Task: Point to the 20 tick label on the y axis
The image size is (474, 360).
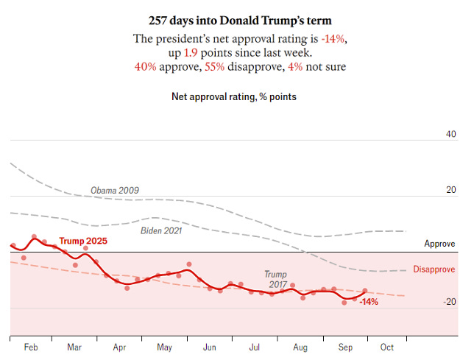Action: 450,190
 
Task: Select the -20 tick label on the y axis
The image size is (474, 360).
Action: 449,301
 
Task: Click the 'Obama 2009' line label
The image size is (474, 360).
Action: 115,190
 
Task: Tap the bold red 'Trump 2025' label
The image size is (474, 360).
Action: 82,241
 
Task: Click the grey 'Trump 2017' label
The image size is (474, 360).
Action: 276,279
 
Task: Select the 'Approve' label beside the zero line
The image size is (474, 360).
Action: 439,244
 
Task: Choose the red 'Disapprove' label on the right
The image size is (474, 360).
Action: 434,269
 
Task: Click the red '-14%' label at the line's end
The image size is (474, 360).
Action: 369,302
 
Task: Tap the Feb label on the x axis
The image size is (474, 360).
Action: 32,346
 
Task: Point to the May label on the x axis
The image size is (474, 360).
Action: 166,346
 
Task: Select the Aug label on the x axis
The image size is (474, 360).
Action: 300,346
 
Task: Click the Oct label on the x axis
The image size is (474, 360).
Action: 387,346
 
